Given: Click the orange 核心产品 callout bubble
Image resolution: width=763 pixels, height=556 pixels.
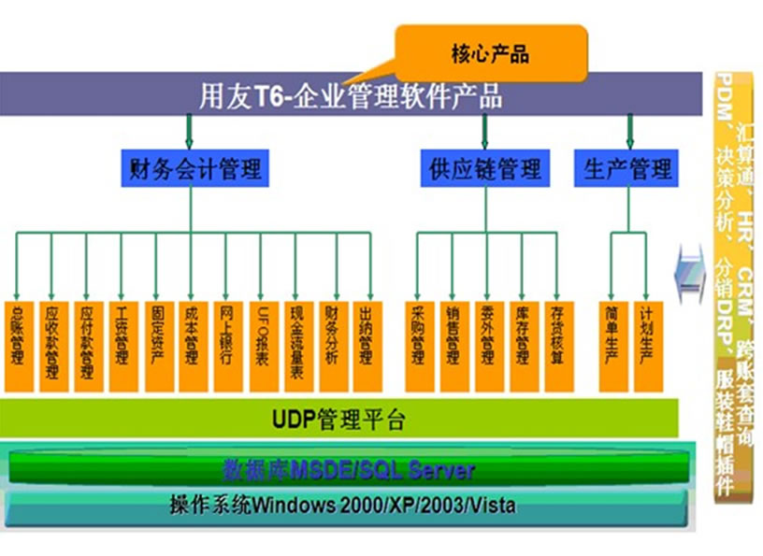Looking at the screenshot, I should tap(491, 52).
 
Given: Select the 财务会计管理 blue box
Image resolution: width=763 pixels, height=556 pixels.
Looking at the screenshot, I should tap(192, 169).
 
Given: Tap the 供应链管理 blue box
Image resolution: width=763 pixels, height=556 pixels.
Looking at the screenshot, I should tap(484, 169).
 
